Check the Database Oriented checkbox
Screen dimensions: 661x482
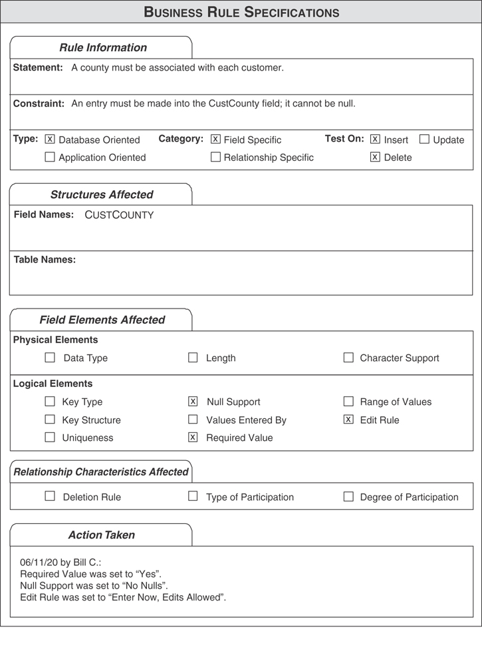(x=50, y=140)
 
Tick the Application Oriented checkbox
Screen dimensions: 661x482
(x=50, y=158)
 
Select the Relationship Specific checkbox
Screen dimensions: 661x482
(x=215, y=158)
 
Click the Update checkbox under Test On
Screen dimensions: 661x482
(x=424, y=140)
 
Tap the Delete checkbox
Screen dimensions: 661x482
(x=375, y=158)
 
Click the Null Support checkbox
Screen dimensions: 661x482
(x=193, y=402)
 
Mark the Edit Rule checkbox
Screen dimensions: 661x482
(x=348, y=420)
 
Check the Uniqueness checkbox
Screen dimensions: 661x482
(x=50, y=438)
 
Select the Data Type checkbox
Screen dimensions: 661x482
(x=50, y=358)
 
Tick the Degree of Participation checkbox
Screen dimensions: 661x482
(x=348, y=497)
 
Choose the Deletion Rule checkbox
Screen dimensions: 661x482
(x=50, y=497)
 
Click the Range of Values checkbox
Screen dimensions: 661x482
(x=348, y=402)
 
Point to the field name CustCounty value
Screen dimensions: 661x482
(x=119, y=215)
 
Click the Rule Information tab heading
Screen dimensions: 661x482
(x=103, y=48)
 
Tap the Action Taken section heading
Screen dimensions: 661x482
(x=101, y=535)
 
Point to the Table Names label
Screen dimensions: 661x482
(x=45, y=259)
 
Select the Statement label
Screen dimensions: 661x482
(x=38, y=68)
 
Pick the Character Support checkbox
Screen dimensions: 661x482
(x=348, y=358)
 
